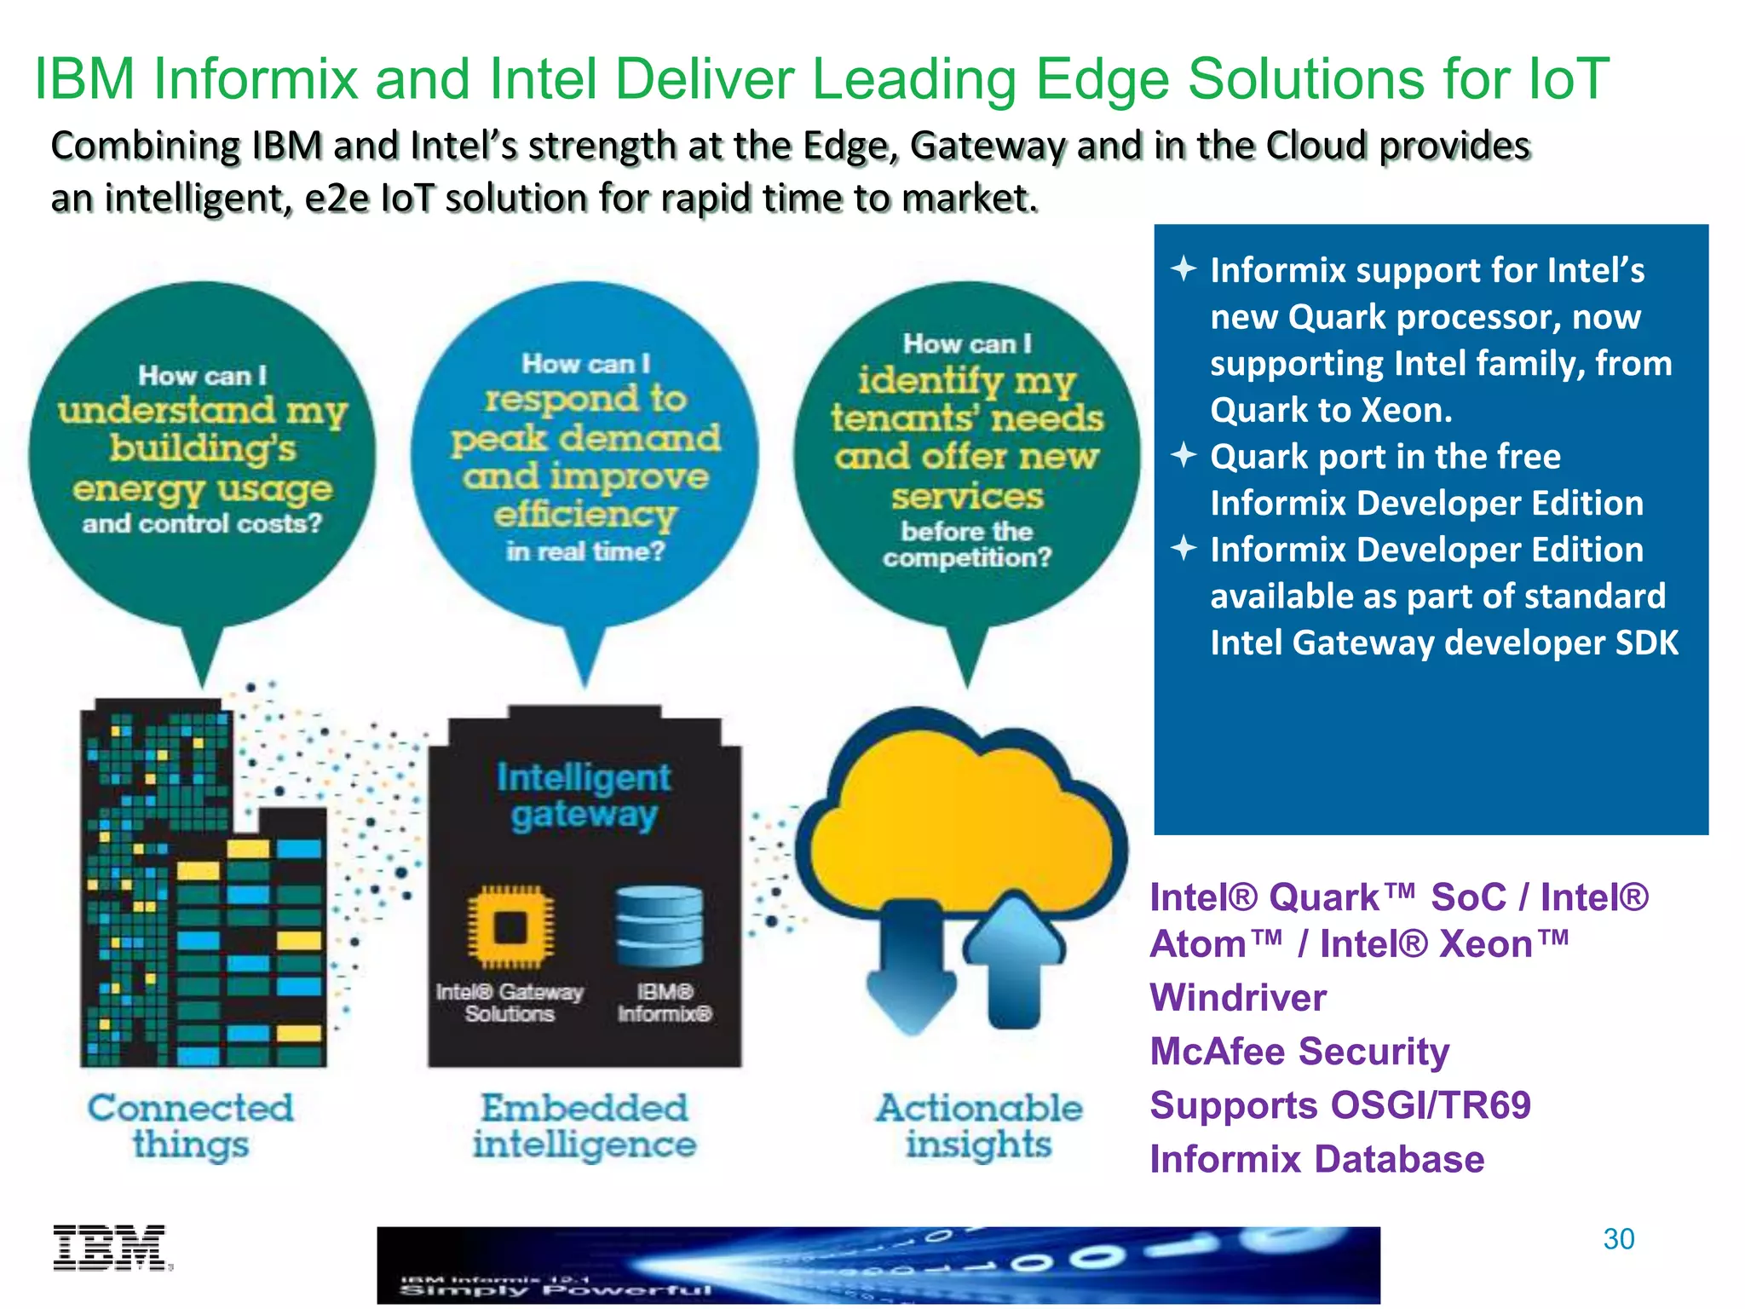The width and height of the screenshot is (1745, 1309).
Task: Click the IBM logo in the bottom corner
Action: point(111,1248)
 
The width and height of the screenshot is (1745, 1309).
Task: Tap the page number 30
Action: point(1618,1239)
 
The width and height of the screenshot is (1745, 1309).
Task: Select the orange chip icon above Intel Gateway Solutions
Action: point(510,926)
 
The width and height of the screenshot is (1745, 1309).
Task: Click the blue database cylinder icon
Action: point(659,926)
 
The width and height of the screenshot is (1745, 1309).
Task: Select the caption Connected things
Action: point(191,1126)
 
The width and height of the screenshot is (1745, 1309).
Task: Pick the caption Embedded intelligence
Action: point(585,1126)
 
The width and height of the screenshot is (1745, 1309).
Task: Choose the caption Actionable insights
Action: point(979,1126)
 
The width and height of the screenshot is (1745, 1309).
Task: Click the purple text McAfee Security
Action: point(1299,1052)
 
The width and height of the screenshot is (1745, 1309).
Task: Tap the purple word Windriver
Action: point(1238,998)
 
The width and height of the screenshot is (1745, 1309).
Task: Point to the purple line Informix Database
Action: point(1316,1159)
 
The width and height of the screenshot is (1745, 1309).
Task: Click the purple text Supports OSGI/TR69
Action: point(1340,1105)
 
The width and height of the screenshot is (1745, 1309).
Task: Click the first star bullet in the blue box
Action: point(1183,269)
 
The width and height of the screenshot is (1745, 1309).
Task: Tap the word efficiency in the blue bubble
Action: point(585,514)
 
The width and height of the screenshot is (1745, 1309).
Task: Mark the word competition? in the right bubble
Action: point(967,558)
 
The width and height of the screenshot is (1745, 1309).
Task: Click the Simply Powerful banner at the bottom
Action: point(878,1265)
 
